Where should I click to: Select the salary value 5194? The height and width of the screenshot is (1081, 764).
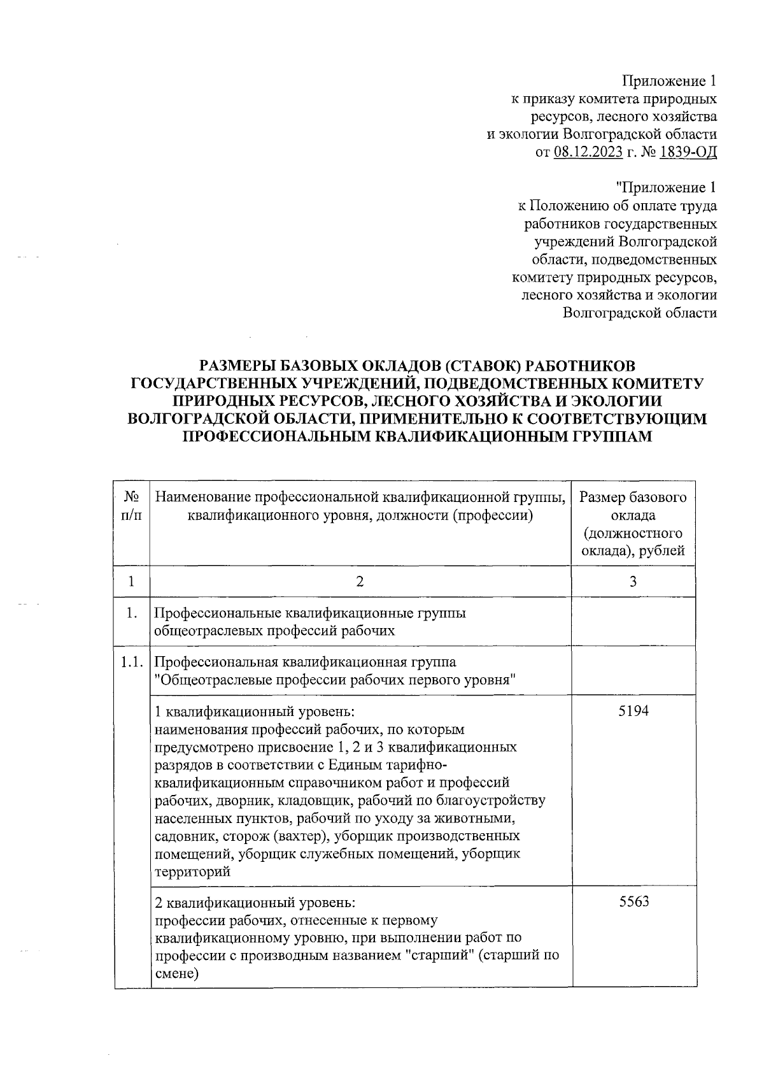pyautogui.click(x=633, y=711)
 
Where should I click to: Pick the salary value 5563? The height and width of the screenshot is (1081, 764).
pyautogui.click(x=633, y=902)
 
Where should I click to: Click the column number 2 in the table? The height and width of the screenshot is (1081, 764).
pyautogui.click(x=360, y=581)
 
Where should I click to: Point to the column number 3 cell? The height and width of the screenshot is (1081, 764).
pyautogui.click(x=633, y=581)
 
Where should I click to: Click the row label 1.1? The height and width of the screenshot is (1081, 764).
pyautogui.click(x=131, y=662)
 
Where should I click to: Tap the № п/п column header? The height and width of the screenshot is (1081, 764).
pyautogui.click(x=131, y=505)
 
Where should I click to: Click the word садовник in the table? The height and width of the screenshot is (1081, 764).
pyautogui.click(x=182, y=836)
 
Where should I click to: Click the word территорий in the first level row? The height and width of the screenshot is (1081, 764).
pyautogui.click(x=192, y=872)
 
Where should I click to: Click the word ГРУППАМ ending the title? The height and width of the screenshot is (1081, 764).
pyautogui.click(x=607, y=437)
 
